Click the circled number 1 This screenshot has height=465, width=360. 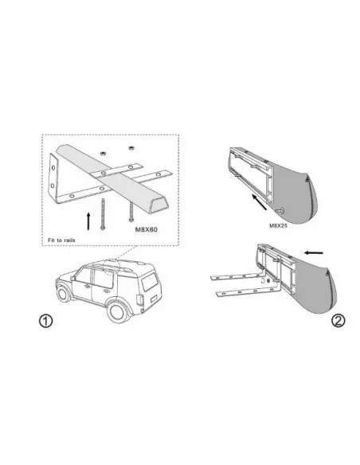[47, 322]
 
